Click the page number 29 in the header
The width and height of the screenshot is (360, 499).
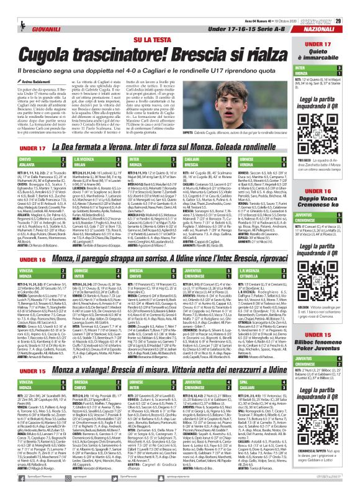pyautogui.click(x=350, y=5)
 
